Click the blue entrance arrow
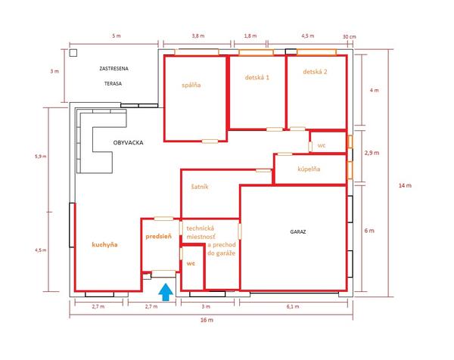tap(166, 292)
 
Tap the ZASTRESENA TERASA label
tap(113, 76)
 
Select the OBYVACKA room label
tap(128, 142)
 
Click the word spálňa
tap(191, 85)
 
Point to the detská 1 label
tap(257, 77)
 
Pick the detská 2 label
tap(315, 72)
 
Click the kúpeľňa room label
tap(309, 169)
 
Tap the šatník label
tap(200, 187)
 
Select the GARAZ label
tap(298, 231)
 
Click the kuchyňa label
tap(105, 244)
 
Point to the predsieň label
tap(158, 237)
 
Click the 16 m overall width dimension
tap(207, 320)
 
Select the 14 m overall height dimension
tap(405, 185)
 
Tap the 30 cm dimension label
tap(349, 37)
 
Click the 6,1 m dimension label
tap(293, 306)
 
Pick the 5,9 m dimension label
tap(40, 157)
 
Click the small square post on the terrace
tap(73, 53)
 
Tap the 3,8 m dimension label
tap(198, 36)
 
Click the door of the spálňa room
tap(210, 141)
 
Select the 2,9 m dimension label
tap(372, 153)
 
